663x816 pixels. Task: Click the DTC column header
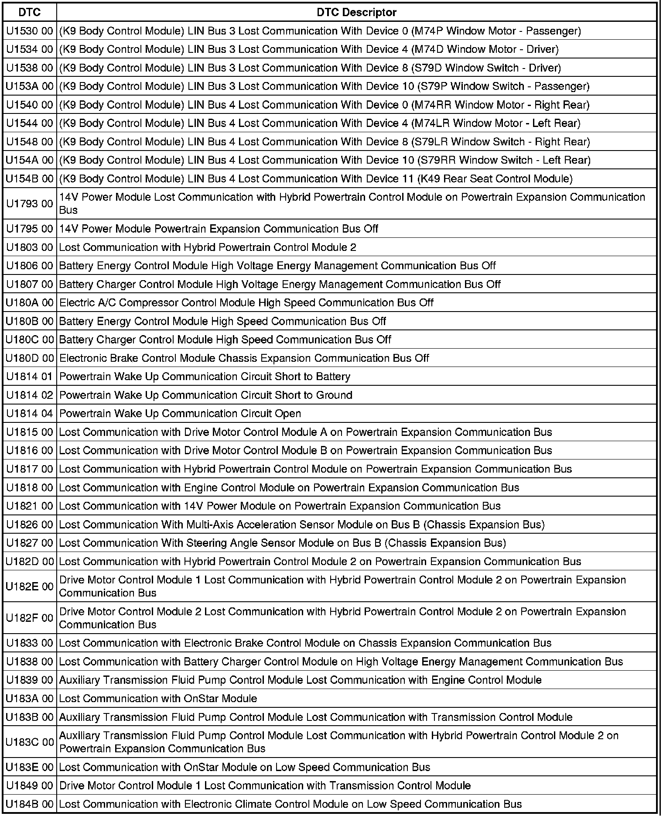point(30,12)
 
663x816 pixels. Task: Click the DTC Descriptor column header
point(356,12)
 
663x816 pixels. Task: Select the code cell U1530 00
point(30,31)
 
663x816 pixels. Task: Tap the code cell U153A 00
point(30,86)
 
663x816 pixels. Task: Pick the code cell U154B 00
point(30,178)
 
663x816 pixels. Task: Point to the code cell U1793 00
point(30,203)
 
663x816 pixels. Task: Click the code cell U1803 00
point(30,247)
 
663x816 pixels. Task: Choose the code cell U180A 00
point(30,302)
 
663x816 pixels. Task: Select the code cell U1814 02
point(30,395)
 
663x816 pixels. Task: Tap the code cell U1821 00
point(30,506)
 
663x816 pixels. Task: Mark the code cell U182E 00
point(30,586)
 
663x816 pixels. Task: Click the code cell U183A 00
point(30,698)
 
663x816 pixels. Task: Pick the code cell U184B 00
point(30,804)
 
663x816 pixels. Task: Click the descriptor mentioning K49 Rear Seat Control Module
point(316,178)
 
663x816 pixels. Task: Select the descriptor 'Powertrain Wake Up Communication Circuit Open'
point(180,413)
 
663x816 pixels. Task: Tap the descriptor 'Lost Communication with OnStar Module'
point(158,698)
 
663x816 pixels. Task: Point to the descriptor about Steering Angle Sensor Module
point(282,543)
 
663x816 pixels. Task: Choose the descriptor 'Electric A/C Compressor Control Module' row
point(246,302)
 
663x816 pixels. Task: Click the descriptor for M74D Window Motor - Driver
point(309,49)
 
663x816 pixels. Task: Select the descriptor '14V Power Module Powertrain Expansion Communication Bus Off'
point(219,229)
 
